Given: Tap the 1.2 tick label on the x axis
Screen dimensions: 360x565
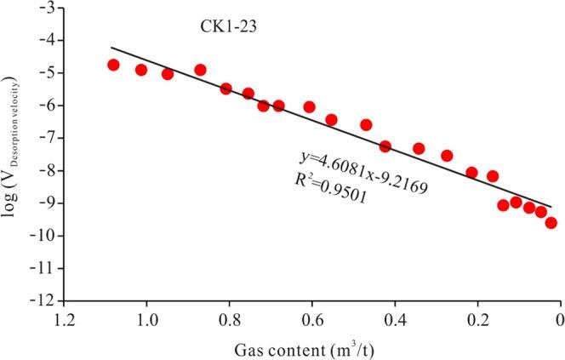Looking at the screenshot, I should point(64,322).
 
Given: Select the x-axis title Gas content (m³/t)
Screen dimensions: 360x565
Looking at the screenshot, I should point(311,349).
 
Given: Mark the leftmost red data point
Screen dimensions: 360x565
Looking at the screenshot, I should point(113,65).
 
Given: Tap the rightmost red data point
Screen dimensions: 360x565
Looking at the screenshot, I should point(551,223).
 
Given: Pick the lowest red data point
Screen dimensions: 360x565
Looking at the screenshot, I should point(551,223).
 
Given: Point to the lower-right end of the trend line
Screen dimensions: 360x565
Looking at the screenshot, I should point(551,207).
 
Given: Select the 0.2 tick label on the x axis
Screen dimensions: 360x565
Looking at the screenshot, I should point(477,322).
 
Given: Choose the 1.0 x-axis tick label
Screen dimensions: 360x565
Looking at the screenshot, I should point(146,322).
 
